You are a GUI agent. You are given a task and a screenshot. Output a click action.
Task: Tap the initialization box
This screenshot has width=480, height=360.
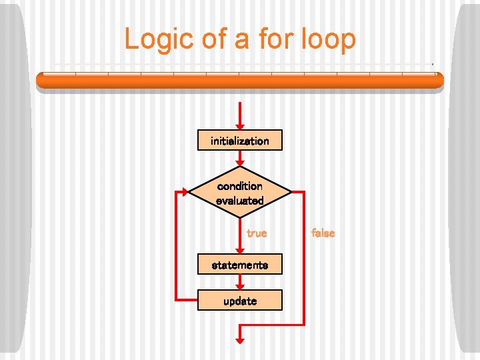(240, 141)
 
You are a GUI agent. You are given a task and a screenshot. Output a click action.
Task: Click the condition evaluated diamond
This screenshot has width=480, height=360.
(240, 193)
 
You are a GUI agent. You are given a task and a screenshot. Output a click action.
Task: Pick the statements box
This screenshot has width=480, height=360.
(240, 265)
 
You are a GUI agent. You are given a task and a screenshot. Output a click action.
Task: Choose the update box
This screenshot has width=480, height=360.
(240, 301)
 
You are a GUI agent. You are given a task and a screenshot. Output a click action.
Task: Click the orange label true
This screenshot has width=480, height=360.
(257, 233)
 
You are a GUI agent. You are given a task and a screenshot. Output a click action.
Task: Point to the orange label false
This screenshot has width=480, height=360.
(323, 233)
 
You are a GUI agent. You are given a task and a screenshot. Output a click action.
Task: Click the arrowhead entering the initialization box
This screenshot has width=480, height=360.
(240, 125)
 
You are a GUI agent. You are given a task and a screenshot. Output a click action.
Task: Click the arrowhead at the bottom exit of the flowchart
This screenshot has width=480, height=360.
(240, 340)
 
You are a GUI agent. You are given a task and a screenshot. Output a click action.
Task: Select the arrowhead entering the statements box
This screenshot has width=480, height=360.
(240, 249)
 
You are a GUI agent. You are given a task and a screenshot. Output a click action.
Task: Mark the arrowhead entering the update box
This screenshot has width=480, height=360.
(240, 285)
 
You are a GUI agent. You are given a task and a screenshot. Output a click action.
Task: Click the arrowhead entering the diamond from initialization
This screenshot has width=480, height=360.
(240, 163)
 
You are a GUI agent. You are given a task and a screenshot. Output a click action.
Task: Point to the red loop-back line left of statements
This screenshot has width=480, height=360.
(175, 247)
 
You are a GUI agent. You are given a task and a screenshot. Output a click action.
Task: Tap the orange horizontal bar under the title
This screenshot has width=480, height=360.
(240, 80)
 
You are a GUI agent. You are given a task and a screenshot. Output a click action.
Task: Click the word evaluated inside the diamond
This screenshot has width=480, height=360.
(240, 200)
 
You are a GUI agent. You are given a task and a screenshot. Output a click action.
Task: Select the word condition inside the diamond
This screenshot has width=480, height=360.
(240, 186)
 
